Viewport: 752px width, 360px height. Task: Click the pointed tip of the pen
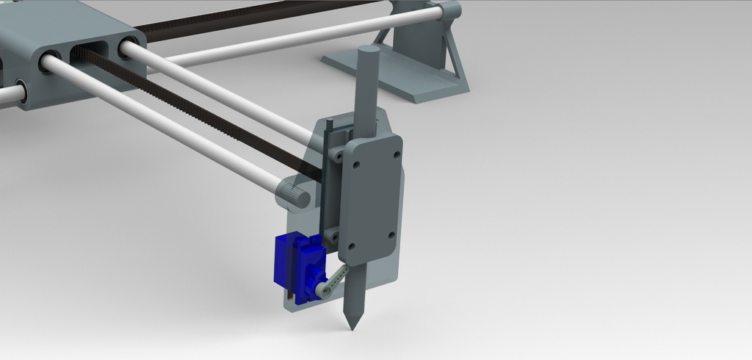(352, 325)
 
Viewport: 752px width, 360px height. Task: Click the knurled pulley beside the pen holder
(294, 195)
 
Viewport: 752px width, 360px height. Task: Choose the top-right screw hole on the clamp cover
(397, 155)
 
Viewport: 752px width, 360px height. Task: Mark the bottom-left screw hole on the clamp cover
(351, 247)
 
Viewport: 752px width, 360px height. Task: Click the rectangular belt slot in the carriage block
(89, 52)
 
